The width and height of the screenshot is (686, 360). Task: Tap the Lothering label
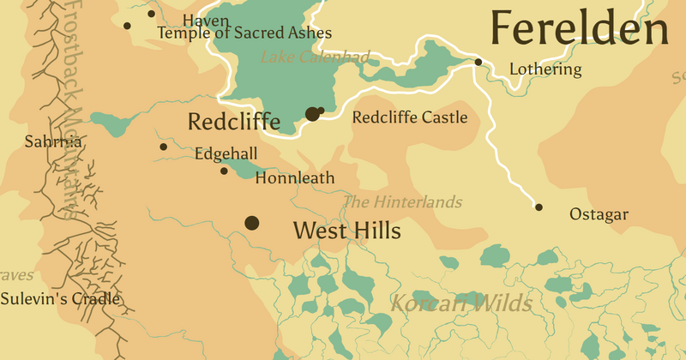click(x=545, y=69)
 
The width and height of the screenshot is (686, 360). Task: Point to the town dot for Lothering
click(x=478, y=62)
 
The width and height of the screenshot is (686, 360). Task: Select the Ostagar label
click(x=599, y=214)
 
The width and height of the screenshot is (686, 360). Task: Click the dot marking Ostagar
click(x=539, y=207)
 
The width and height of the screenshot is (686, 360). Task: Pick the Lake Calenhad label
click(x=315, y=57)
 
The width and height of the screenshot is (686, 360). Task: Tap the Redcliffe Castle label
click(x=410, y=117)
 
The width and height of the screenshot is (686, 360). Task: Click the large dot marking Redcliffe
click(x=312, y=114)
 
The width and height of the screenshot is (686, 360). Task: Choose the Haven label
click(x=206, y=19)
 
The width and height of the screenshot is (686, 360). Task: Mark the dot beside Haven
click(x=151, y=14)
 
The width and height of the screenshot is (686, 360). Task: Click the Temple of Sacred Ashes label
click(x=244, y=33)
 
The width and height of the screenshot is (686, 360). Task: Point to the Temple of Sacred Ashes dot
click(x=128, y=26)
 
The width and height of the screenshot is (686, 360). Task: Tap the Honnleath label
click(x=294, y=179)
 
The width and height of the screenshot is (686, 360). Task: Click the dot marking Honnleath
click(x=225, y=171)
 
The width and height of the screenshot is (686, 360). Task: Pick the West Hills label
click(x=346, y=231)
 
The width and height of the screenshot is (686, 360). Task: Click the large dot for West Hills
click(x=252, y=223)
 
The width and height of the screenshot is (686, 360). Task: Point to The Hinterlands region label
click(x=402, y=202)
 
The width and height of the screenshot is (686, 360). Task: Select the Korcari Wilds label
click(x=461, y=303)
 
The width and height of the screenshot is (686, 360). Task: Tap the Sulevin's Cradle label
click(x=60, y=299)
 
